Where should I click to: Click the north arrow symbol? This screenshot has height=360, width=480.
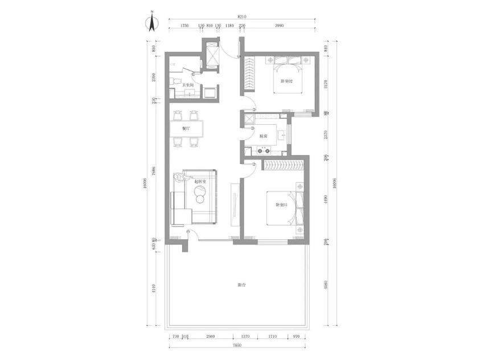pos(152,22)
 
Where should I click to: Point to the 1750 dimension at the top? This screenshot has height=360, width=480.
pos(184,26)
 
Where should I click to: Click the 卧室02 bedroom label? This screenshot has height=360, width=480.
pos(286,81)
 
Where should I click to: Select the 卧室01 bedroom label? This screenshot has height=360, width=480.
pos(281,204)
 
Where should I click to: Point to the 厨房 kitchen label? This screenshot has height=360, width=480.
pos(263,137)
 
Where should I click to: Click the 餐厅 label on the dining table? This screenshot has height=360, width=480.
pos(186,129)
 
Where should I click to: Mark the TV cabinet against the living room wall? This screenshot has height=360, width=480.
pos(233,204)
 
